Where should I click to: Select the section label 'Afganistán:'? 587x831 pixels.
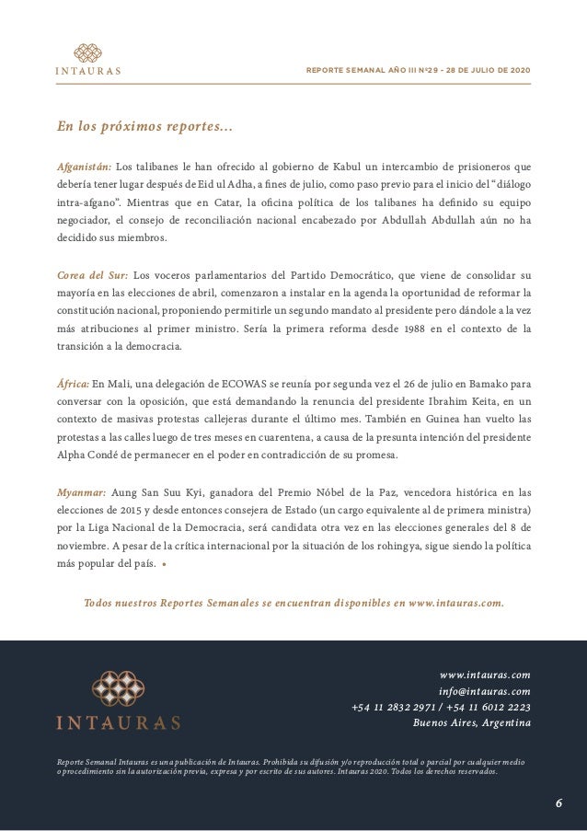click(85, 167)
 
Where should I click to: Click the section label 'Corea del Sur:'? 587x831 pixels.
click(92, 273)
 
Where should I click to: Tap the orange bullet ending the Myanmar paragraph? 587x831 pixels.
click(164, 565)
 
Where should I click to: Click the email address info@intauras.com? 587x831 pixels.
click(484, 690)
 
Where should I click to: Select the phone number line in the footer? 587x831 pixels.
click(441, 707)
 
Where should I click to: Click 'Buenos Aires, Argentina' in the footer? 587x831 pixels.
click(471, 722)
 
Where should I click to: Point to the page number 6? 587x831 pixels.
click(558, 803)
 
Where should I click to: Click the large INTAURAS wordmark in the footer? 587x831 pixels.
click(118, 723)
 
